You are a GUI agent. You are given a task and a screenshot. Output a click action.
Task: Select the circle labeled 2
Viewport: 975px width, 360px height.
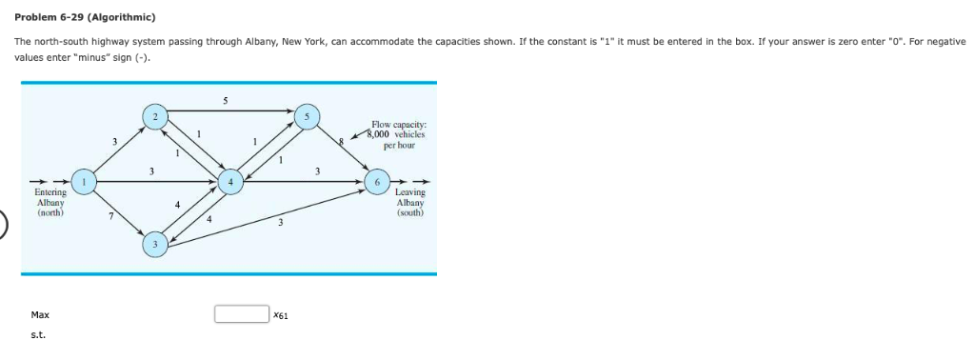[x=152, y=117]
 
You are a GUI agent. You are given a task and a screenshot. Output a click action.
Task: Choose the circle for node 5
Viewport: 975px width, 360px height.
[x=307, y=117]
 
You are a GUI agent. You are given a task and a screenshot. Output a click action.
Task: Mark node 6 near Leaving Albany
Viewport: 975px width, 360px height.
[x=377, y=182]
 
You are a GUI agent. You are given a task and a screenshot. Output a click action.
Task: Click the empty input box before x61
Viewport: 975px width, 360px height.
[x=241, y=314]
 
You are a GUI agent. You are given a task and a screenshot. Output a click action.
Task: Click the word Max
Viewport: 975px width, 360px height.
[x=40, y=314]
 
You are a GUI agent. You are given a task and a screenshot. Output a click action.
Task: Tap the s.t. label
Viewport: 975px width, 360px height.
[x=38, y=335]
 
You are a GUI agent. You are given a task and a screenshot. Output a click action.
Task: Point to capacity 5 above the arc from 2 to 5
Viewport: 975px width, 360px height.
[x=225, y=99]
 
